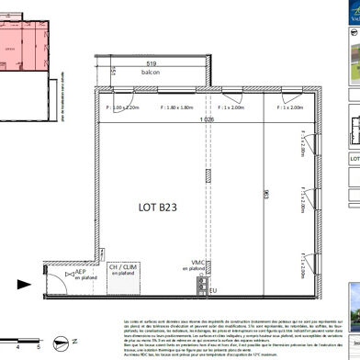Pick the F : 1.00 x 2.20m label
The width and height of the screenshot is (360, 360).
click(x=121, y=107)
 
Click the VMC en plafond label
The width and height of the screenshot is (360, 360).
click(x=196, y=266)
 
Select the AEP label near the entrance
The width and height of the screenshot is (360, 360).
click(x=80, y=273)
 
